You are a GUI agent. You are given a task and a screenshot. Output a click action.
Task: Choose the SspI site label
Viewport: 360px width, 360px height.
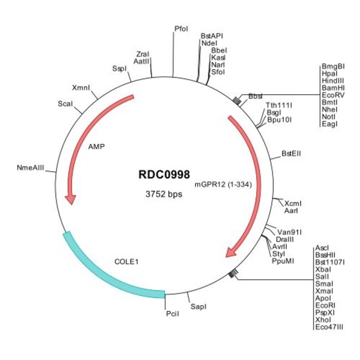119,68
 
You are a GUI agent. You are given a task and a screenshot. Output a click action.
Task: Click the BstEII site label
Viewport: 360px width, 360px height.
291,153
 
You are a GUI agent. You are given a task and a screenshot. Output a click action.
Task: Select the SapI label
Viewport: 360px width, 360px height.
198,305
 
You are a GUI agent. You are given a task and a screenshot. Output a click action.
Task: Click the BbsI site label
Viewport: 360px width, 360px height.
255,96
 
